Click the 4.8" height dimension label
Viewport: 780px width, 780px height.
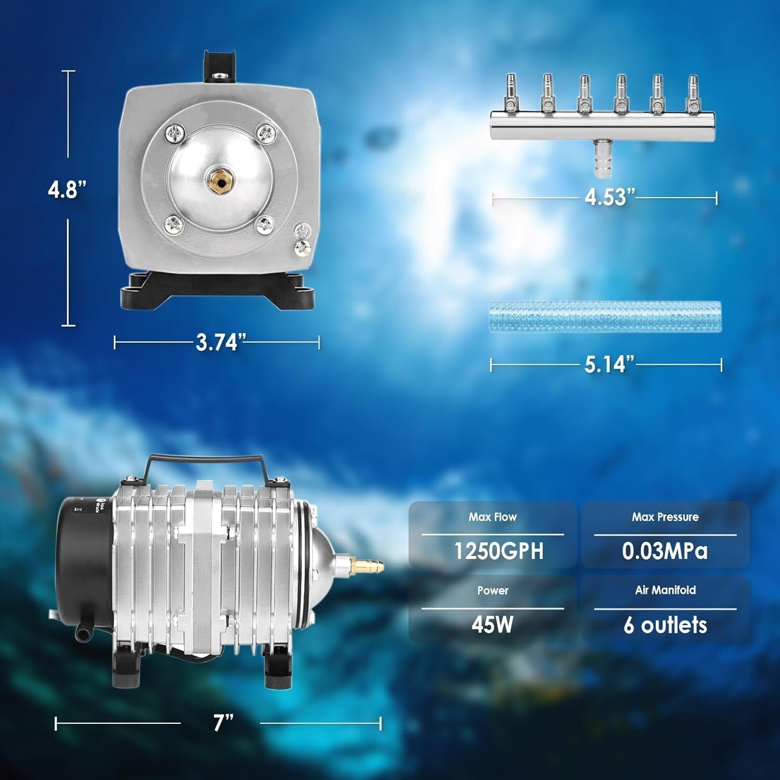coord(67,189)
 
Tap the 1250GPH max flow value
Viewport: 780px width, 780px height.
coord(499,551)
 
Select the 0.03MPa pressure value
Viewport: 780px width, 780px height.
coord(665,551)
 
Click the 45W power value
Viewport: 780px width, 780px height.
coord(492,625)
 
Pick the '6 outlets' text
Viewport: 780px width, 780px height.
coord(665,625)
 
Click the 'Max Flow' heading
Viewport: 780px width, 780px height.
coord(492,517)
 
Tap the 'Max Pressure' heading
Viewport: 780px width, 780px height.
coord(665,517)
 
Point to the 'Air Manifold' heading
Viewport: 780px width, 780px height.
coord(665,590)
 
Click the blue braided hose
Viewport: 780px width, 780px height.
coord(605,316)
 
